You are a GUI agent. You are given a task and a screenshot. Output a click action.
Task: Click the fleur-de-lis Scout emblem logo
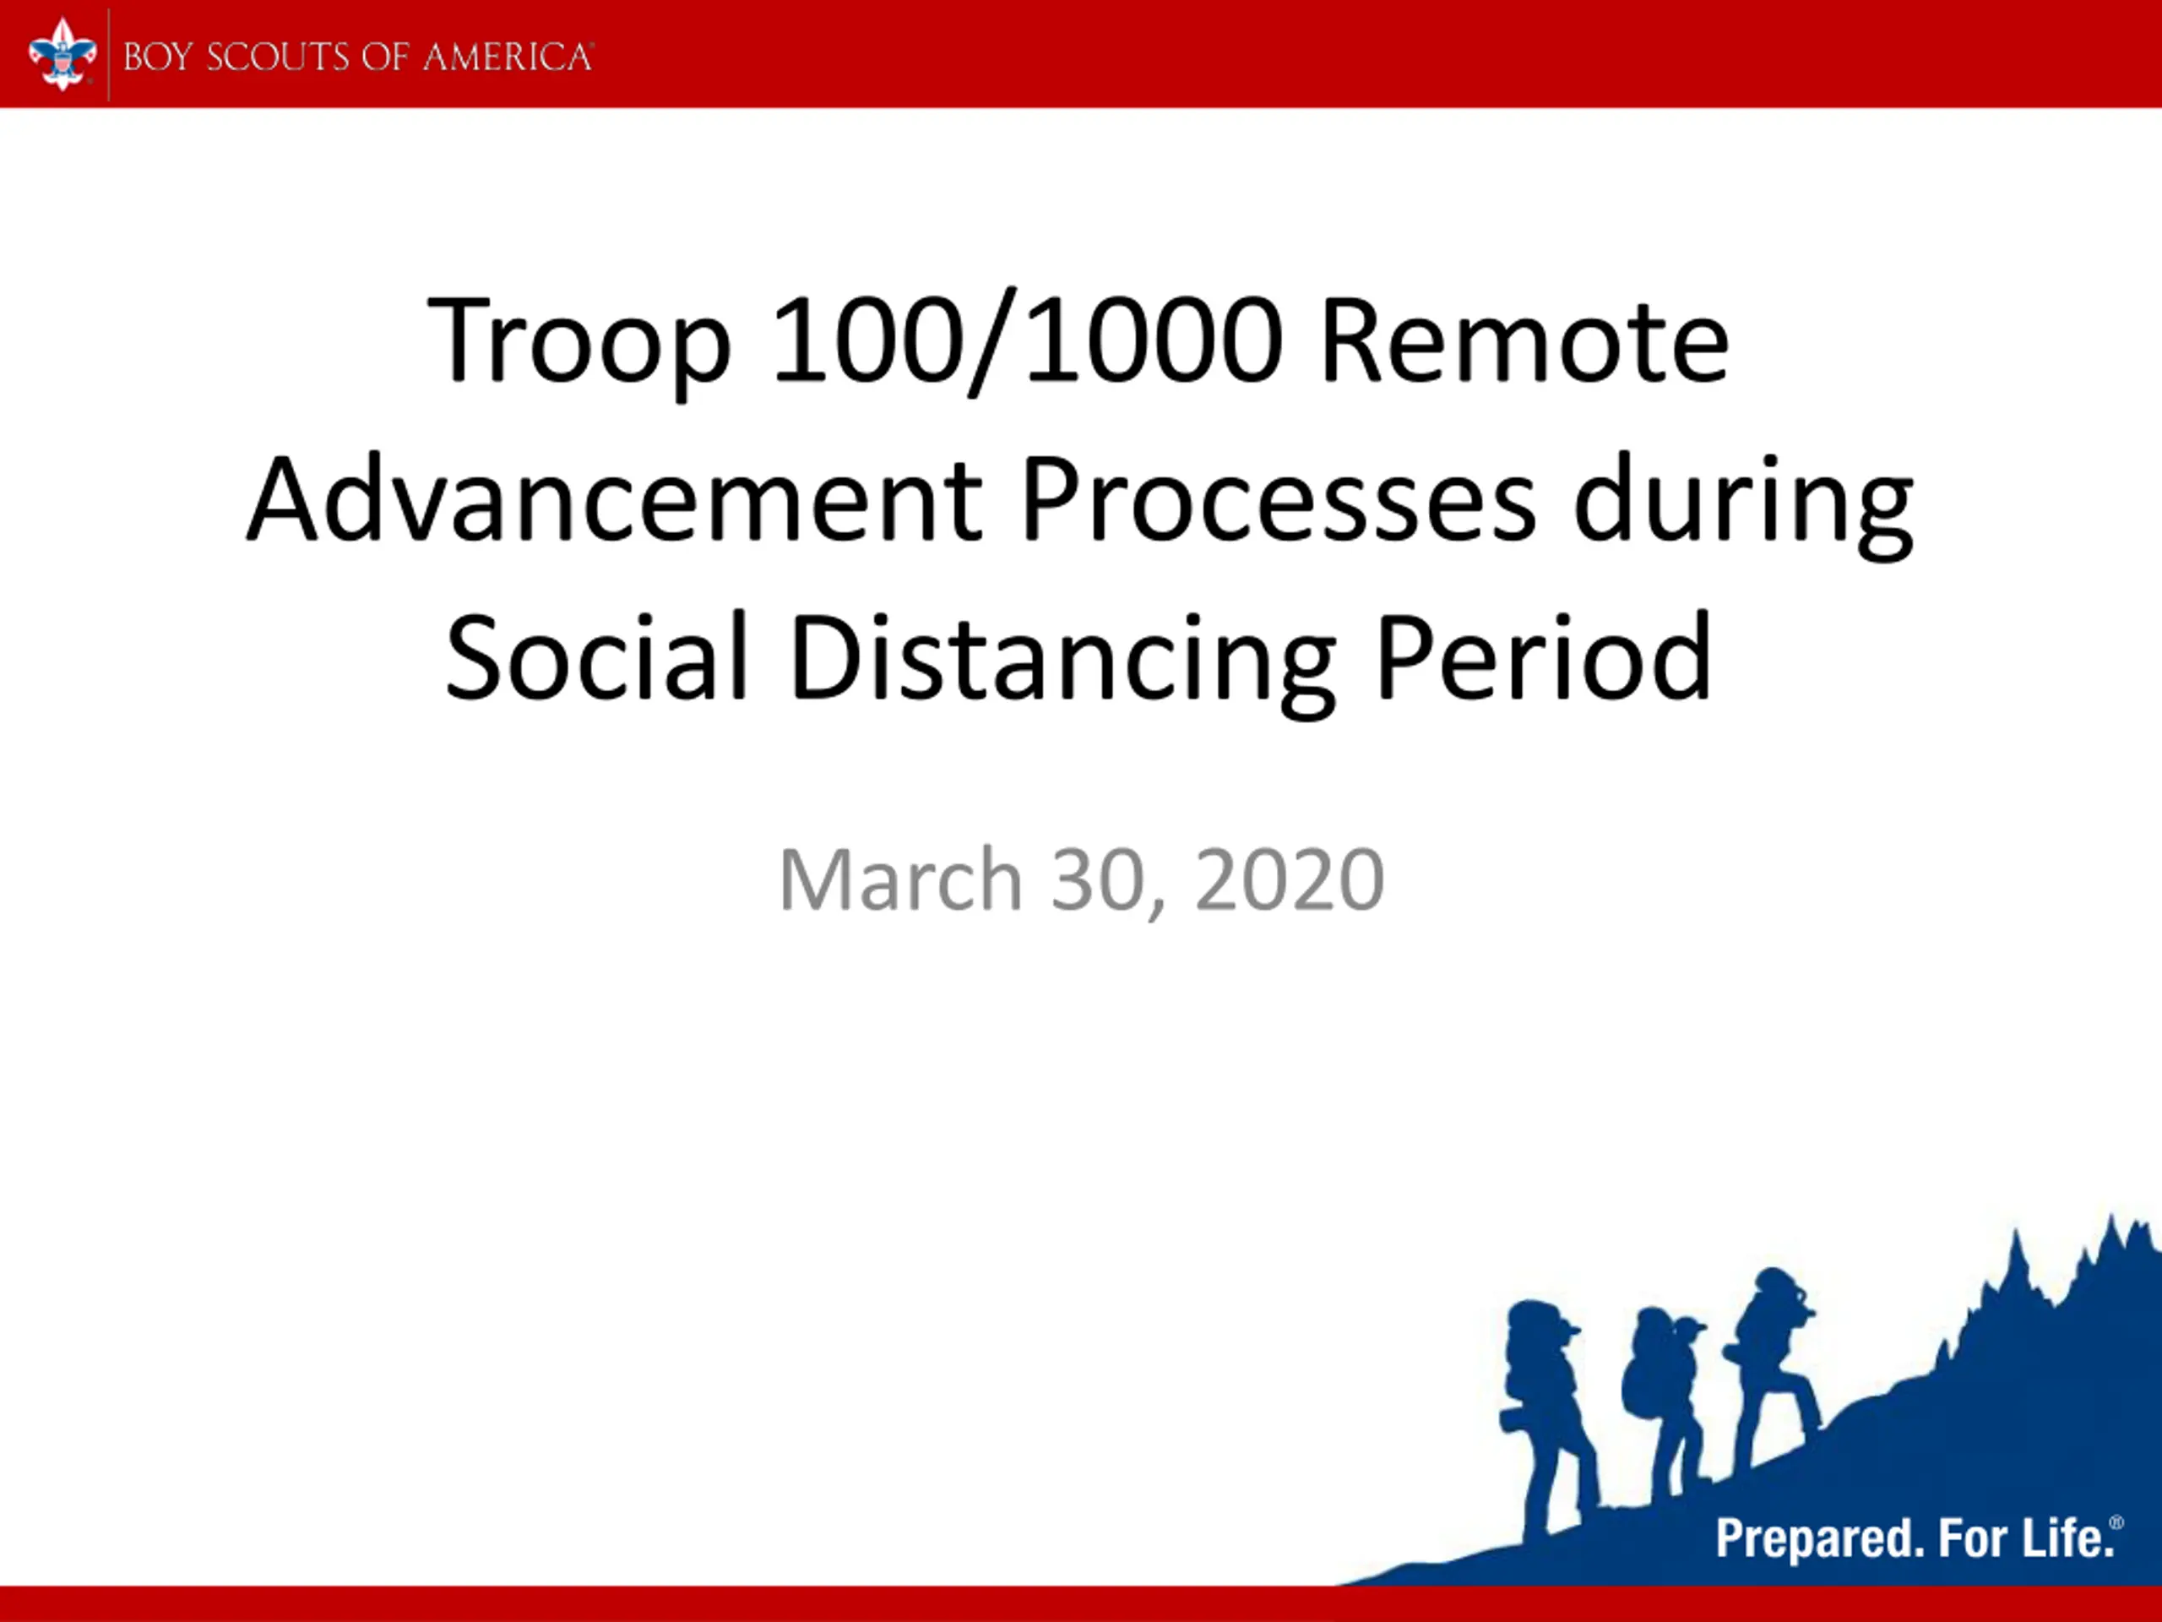(62, 55)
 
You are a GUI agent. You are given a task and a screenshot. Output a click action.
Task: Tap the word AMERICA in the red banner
(508, 57)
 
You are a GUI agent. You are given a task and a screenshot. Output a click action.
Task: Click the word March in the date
(900, 880)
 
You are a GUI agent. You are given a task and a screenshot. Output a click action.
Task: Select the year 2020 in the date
(1290, 880)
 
